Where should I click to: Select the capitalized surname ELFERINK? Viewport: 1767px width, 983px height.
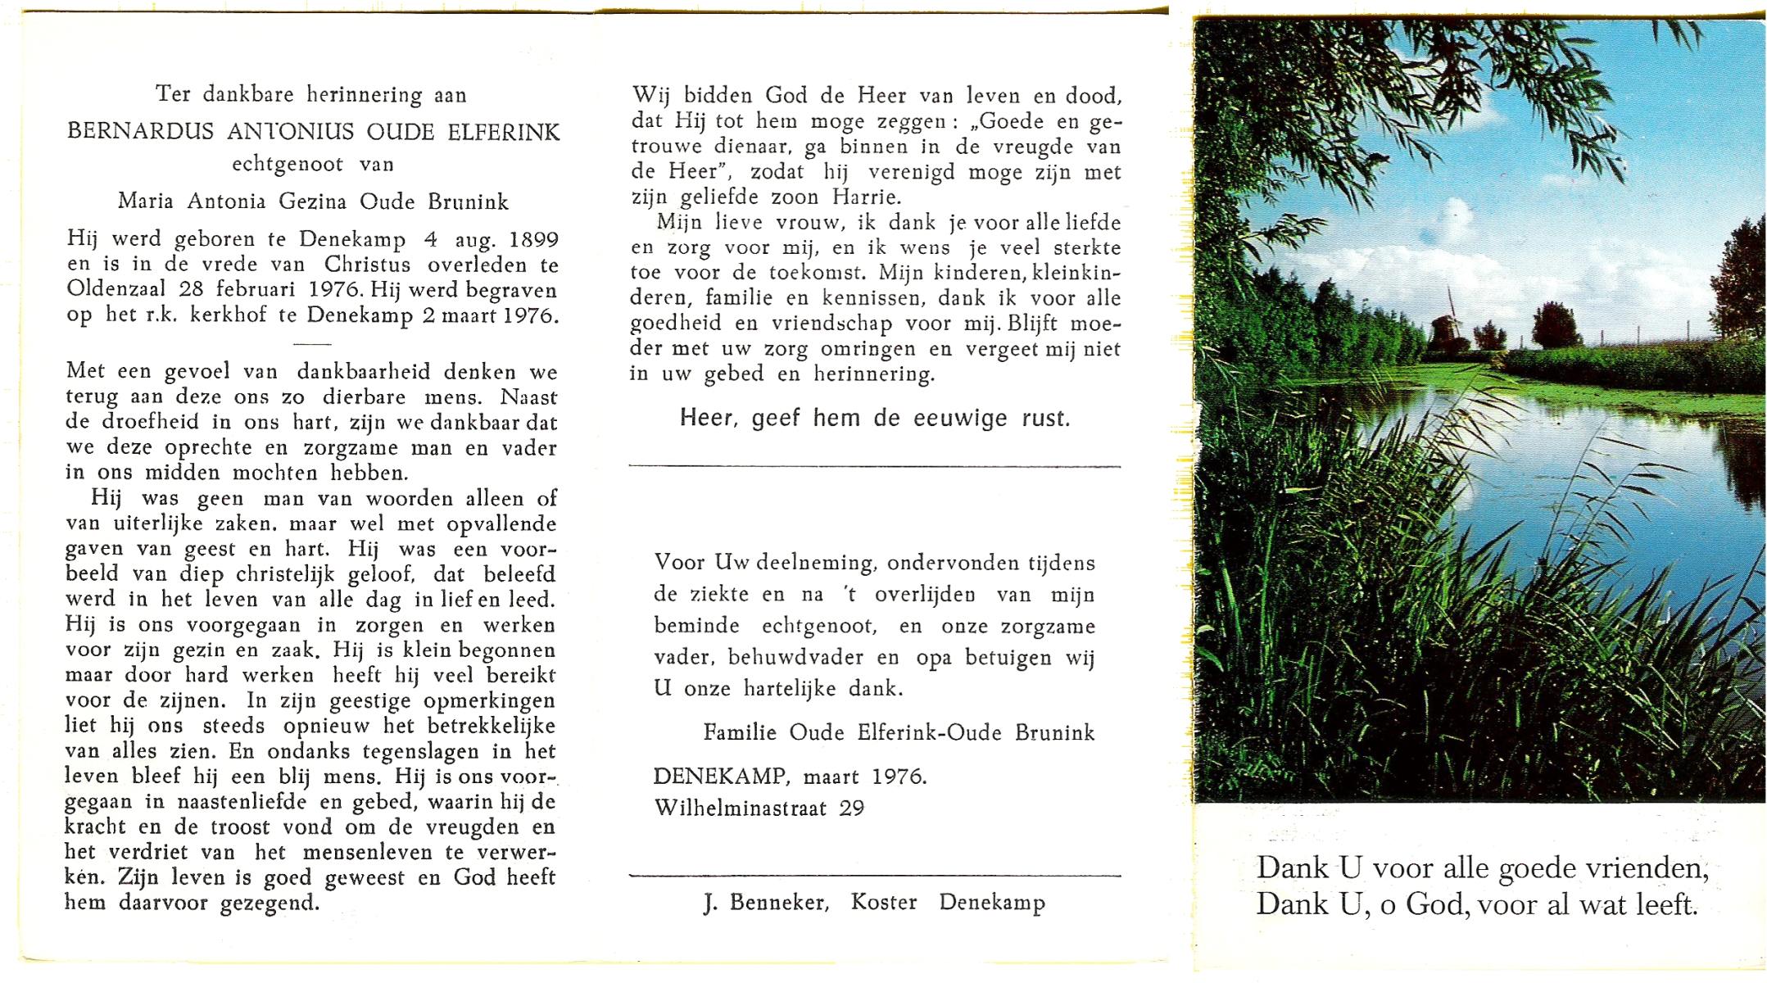coord(504,131)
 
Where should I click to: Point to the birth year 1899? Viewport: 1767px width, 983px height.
coord(533,240)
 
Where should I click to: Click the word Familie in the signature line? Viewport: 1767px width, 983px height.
coord(740,732)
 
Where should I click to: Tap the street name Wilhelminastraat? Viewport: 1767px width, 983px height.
coord(741,809)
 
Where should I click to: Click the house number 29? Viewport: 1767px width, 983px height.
coord(852,809)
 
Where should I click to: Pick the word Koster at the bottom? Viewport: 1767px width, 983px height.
coord(884,903)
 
